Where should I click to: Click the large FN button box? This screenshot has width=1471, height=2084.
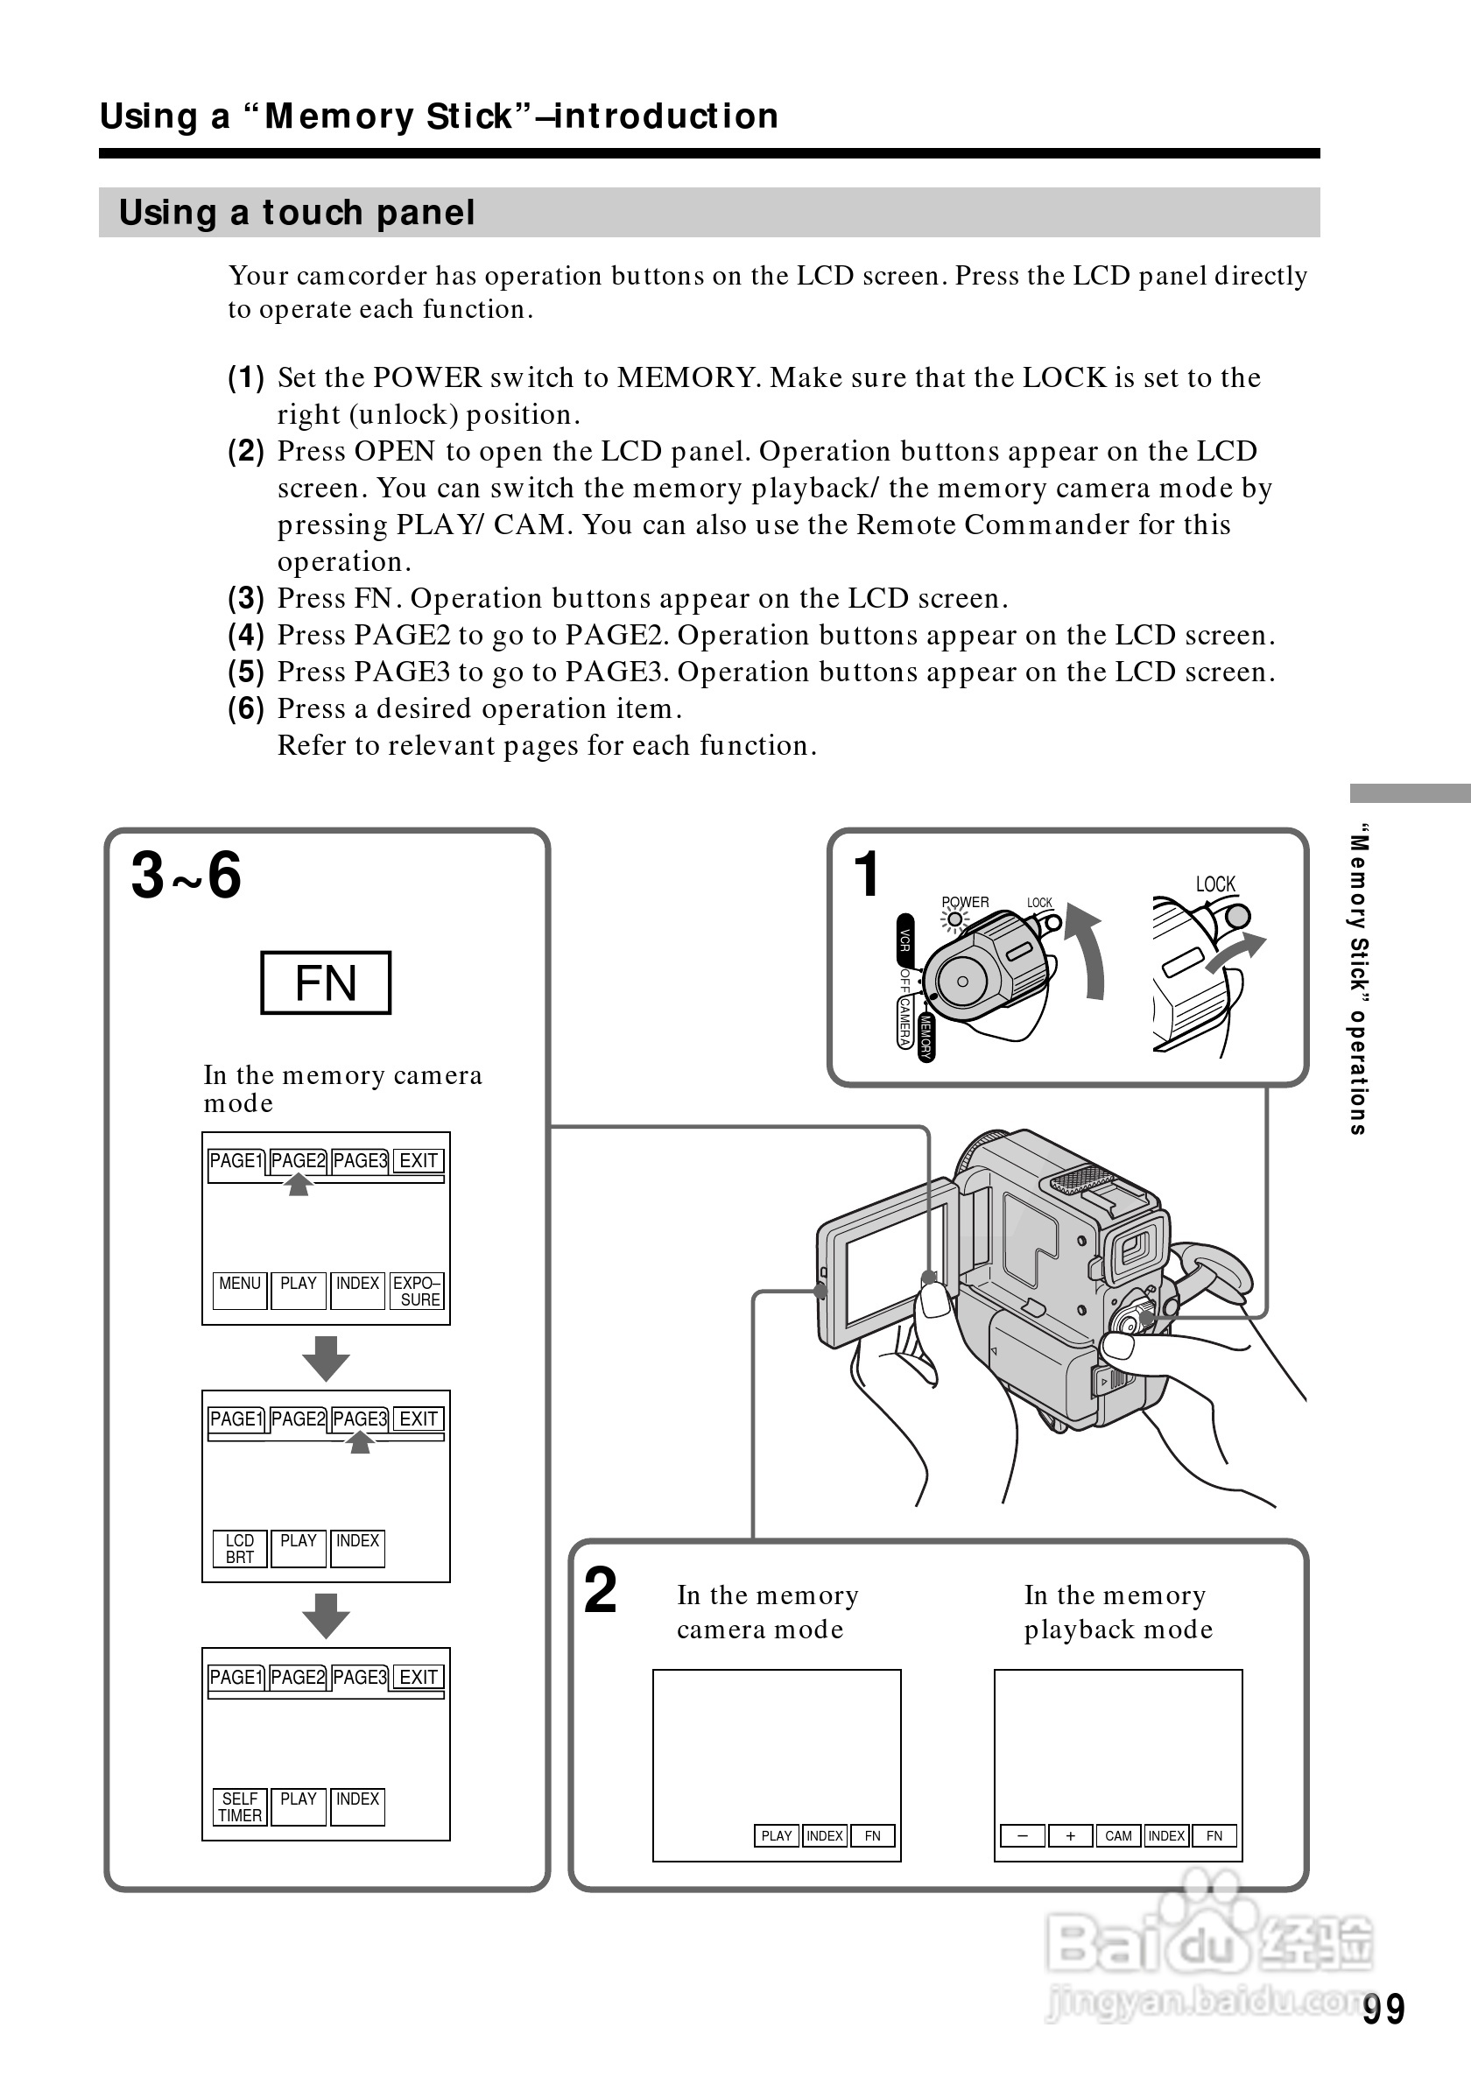(x=325, y=983)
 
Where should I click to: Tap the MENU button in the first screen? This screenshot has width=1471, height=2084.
(x=240, y=1290)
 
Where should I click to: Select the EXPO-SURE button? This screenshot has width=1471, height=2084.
(x=417, y=1290)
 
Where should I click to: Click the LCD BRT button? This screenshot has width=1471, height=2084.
(x=240, y=1547)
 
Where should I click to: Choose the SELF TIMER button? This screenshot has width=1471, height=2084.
(x=240, y=1806)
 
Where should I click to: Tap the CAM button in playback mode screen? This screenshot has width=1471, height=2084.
(x=1118, y=1835)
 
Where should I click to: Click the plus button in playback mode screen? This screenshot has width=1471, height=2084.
(x=1070, y=1835)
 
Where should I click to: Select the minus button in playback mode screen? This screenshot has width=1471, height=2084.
(x=1022, y=1835)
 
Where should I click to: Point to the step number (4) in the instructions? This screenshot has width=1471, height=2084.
(x=246, y=635)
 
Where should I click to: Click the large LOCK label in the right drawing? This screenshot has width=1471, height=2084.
(x=1215, y=884)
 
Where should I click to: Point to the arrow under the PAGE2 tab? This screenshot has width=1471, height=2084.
(x=299, y=1185)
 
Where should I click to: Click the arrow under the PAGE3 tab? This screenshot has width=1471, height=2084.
(x=360, y=1442)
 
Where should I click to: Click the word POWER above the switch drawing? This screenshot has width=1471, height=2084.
(x=965, y=902)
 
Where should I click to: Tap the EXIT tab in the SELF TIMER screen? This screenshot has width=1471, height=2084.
(x=419, y=1677)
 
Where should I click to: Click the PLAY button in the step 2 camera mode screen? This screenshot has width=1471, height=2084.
(x=776, y=1835)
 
